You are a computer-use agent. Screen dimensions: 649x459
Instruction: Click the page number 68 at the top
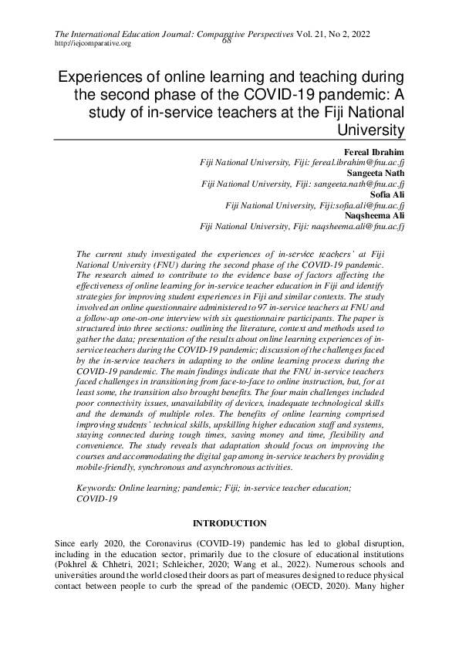(227, 42)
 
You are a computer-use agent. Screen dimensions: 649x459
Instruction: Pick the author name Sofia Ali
(389, 195)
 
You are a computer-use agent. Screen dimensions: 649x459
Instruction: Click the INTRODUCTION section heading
(229, 523)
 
